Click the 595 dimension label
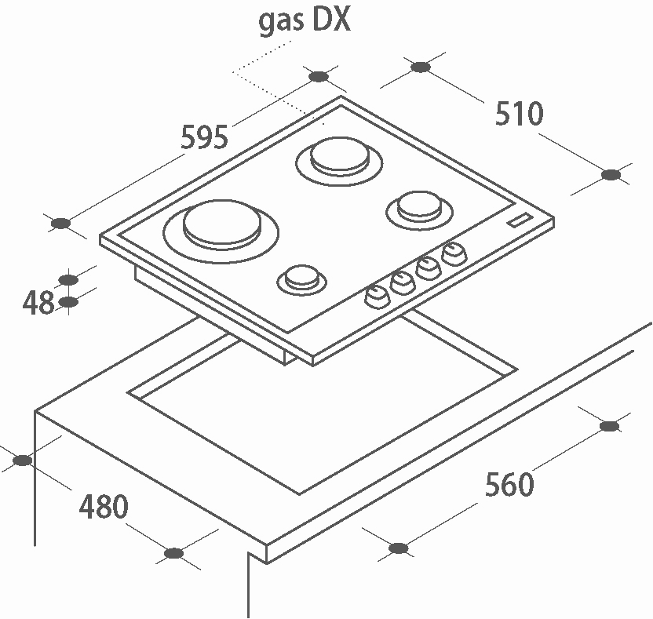click(204, 137)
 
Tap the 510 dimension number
click(519, 115)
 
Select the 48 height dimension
click(38, 302)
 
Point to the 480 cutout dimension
click(103, 507)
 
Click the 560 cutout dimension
click(509, 485)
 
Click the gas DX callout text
click(305, 20)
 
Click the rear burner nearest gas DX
click(339, 156)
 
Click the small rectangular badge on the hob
click(520, 221)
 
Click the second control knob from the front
click(403, 280)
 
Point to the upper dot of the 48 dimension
click(69, 279)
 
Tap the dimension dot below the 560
click(398, 547)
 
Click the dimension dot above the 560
click(609, 426)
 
